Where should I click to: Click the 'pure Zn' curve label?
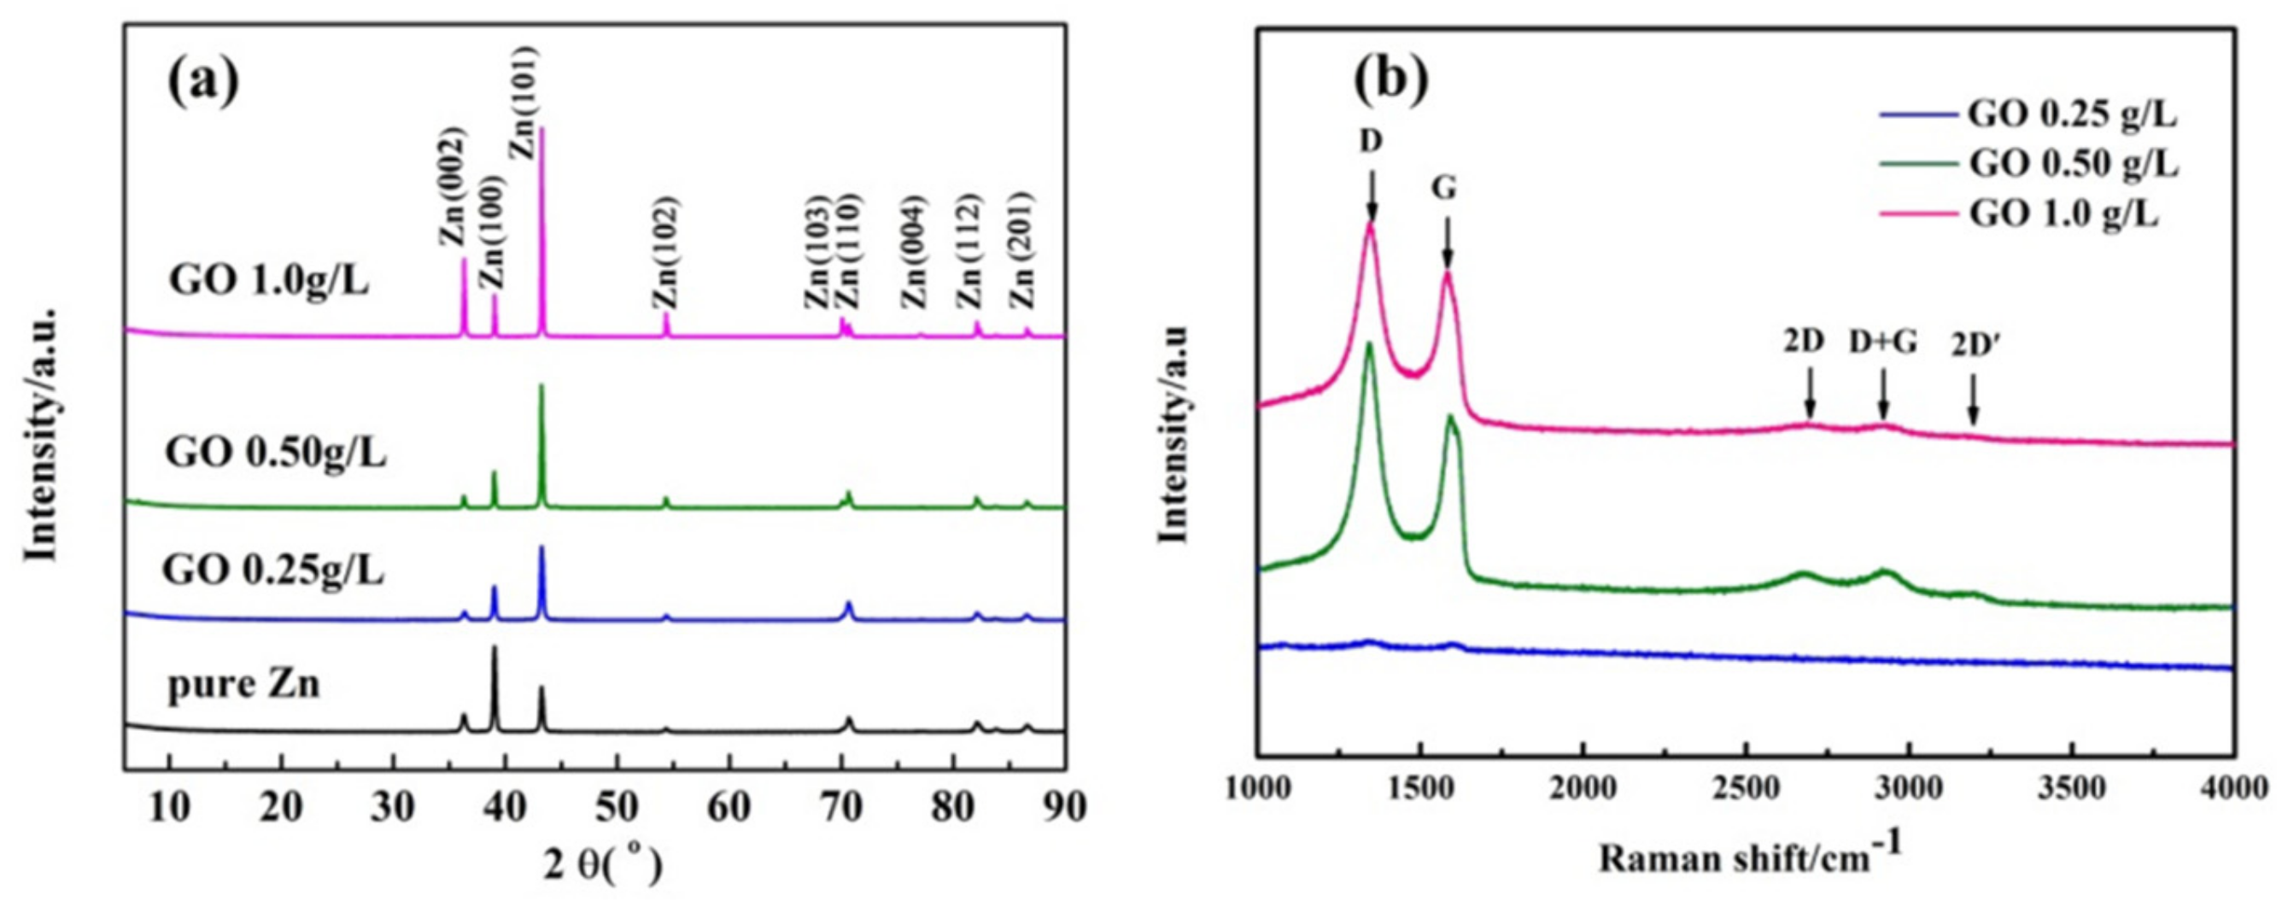(243, 686)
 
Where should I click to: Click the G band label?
(1445, 189)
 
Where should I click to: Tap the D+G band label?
(1883, 367)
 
